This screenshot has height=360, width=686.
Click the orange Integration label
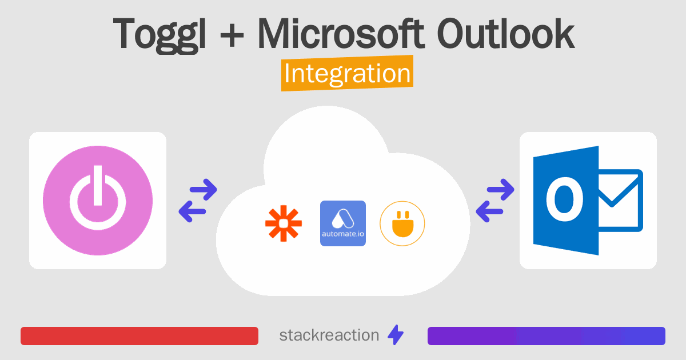tap(347, 75)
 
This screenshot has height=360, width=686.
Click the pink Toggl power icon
tap(98, 201)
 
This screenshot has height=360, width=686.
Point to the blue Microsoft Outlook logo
tap(588, 201)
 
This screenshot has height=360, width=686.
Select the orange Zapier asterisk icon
tap(284, 224)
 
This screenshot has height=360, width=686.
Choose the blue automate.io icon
tap(343, 223)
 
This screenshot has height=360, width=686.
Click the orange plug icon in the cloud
tap(402, 223)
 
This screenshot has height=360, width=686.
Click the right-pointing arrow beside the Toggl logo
tap(204, 190)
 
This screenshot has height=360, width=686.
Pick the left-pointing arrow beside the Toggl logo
tap(192, 211)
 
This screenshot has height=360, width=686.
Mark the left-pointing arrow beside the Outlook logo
tap(489, 211)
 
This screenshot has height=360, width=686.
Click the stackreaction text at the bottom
tap(329, 335)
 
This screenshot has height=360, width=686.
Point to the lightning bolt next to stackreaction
tap(396, 335)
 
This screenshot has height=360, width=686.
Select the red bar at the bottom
tap(139, 336)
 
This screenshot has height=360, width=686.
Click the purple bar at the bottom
tap(546, 336)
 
